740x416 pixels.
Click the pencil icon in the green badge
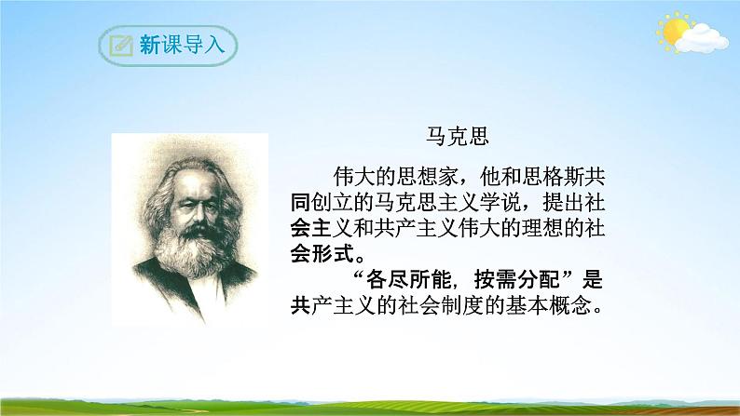[x=119, y=44]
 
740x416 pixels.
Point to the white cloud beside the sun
[x=704, y=39]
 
